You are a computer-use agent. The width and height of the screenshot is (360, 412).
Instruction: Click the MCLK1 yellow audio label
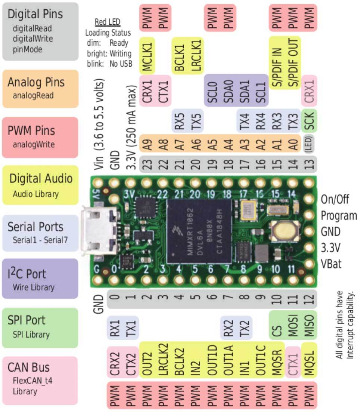[x=147, y=55]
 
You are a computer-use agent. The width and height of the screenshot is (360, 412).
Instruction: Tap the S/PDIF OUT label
[x=294, y=63]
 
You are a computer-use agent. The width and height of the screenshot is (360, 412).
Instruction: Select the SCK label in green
[x=310, y=120]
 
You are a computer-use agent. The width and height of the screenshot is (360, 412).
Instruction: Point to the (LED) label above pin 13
[x=310, y=144]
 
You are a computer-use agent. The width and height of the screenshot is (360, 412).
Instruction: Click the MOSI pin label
[x=293, y=325]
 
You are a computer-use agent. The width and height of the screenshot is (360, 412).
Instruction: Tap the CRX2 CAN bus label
[x=115, y=362]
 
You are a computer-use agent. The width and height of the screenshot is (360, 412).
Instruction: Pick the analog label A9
[x=147, y=144]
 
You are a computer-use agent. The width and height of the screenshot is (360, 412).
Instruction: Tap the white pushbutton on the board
[x=283, y=231]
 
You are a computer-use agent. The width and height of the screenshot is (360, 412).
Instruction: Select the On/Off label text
[x=335, y=199]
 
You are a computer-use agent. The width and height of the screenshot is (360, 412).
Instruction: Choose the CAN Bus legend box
[x=40, y=379]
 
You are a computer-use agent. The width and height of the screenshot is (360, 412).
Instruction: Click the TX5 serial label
[x=195, y=120]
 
